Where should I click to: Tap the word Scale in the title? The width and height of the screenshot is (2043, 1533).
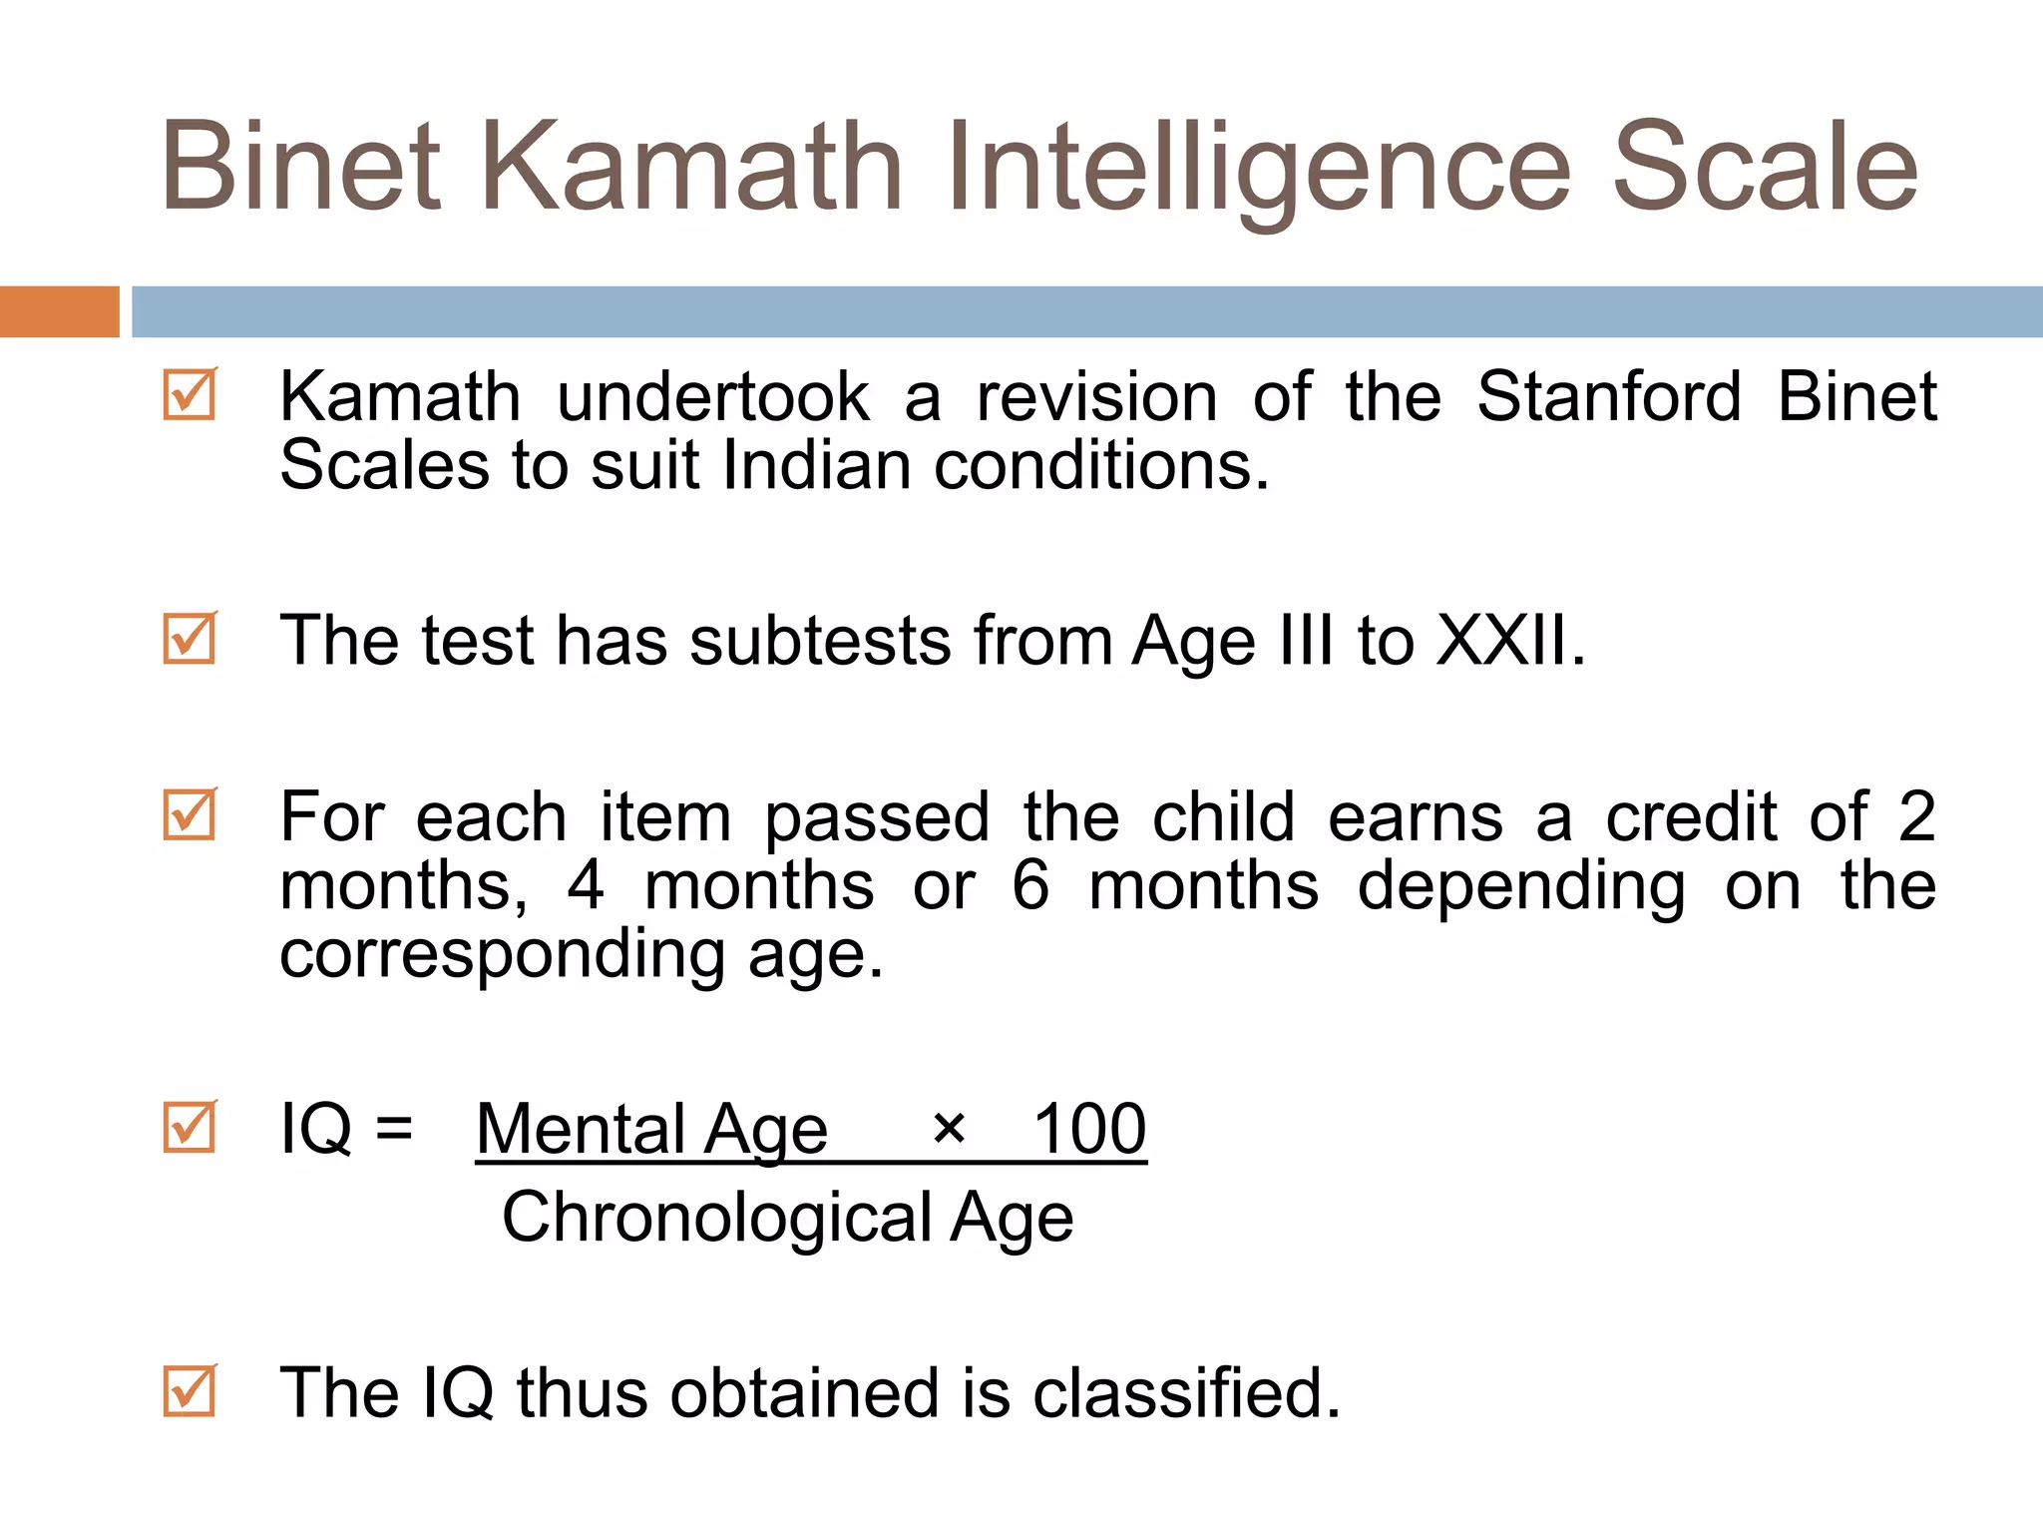point(1765,168)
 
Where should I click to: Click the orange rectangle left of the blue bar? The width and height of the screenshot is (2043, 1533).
point(59,311)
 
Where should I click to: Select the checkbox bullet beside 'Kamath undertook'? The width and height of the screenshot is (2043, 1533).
point(190,395)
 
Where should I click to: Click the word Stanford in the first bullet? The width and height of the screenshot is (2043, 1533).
point(1609,397)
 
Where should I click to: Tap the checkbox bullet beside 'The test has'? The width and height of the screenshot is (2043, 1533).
point(190,638)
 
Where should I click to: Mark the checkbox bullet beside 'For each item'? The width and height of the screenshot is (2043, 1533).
point(190,814)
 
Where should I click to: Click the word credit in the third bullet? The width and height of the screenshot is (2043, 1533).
point(1691,817)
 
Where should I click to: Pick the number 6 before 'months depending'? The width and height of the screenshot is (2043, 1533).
point(1030,885)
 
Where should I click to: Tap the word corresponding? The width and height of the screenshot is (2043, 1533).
point(503,956)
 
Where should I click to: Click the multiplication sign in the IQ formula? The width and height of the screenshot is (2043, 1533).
point(949,1130)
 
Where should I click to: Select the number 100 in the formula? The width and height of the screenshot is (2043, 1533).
point(1089,1130)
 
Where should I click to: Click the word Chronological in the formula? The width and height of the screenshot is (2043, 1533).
point(716,1219)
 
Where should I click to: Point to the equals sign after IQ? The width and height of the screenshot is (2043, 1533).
point(394,1130)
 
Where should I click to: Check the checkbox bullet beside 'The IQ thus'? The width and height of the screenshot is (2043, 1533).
point(190,1390)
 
